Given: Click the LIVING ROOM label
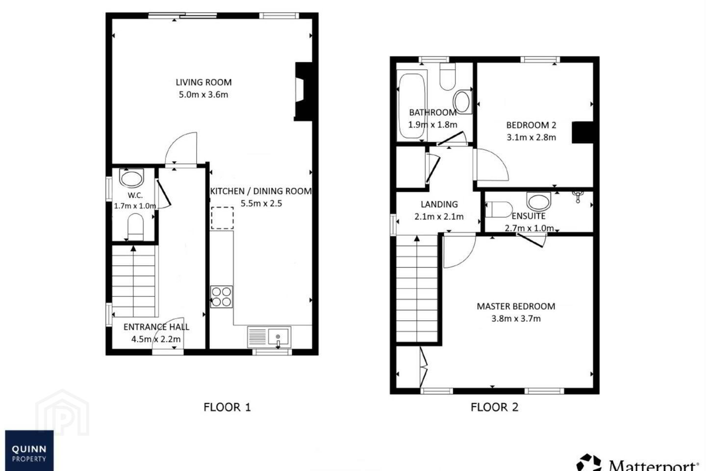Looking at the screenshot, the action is [x=203, y=82].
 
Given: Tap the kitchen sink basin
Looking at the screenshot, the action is [x=278, y=336].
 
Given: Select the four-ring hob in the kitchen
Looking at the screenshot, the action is [x=221, y=297].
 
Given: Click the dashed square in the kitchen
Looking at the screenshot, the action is [x=222, y=218].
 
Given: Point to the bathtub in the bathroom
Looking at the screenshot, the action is [x=412, y=106].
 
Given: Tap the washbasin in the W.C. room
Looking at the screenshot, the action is [x=131, y=178].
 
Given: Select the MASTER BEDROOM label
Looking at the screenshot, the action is [x=516, y=306].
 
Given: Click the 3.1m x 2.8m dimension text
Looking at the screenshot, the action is [x=531, y=137].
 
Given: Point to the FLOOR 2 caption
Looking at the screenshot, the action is [x=494, y=407].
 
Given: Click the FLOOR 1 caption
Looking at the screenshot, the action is [x=227, y=407].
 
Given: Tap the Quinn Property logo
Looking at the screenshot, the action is [x=29, y=450].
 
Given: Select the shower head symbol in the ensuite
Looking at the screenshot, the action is [x=578, y=196].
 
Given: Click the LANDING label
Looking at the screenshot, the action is [x=439, y=205].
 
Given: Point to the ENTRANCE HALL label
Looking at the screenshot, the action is [x=156, y=327].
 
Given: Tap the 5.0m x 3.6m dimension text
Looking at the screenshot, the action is [x=203, y=95].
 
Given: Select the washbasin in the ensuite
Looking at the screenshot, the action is [x=539, y=201].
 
